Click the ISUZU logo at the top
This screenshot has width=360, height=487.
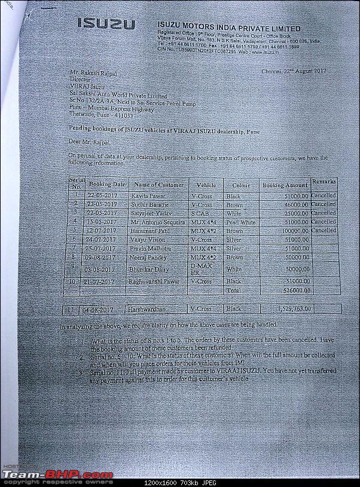point(106,24)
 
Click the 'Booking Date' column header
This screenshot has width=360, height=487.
point(106,185)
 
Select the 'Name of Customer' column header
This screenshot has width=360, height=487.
point(158,185)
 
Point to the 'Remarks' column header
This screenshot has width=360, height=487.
point(324,181)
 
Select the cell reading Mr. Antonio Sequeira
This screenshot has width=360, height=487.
point(158,222)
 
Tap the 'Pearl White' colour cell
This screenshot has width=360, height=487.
point(240,222)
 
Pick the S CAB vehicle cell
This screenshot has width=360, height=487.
point(201,213)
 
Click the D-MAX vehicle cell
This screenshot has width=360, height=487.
point(202,267)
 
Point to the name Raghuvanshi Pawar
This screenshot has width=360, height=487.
point(157,281)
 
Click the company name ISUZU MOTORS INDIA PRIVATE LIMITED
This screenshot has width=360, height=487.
point(229,27)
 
